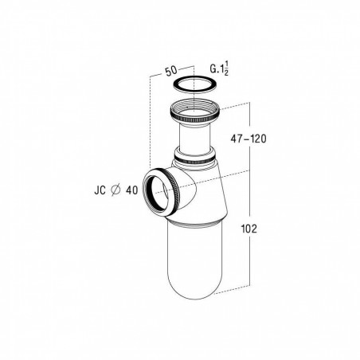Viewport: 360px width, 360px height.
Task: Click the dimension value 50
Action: [171, 71]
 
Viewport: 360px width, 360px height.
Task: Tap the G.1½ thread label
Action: [219, 68]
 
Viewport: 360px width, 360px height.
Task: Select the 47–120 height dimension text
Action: [248, 139]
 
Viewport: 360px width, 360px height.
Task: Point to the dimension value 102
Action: [249, 229]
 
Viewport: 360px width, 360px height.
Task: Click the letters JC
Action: [100, 190]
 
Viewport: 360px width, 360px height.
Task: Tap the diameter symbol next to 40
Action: [116, 190]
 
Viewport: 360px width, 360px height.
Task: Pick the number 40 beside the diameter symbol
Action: [131, 190]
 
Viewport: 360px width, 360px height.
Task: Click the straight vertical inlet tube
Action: [195, 138]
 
